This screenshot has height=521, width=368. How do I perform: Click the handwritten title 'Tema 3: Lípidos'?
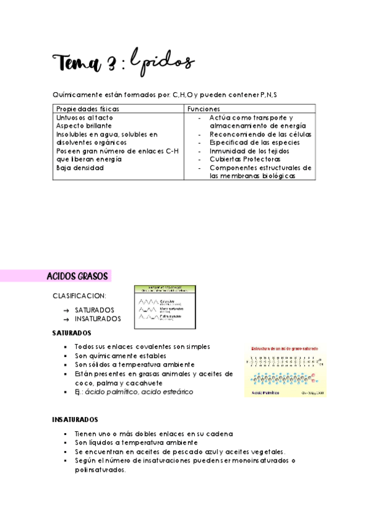point(123,63)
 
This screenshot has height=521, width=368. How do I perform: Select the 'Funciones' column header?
point(203,108)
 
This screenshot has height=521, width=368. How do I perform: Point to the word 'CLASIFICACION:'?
point(79,296)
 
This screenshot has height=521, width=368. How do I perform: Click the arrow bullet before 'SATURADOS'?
point(66,310)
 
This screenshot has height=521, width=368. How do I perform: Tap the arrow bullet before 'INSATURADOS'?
point(66,319)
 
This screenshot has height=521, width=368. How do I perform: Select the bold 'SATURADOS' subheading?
point(71,333)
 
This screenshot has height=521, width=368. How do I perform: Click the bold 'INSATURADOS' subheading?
point(75,420)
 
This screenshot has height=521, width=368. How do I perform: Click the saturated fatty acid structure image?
point(285,370)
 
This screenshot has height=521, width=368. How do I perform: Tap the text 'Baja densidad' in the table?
point(80,167)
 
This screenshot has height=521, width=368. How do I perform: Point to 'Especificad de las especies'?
point(255,142)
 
